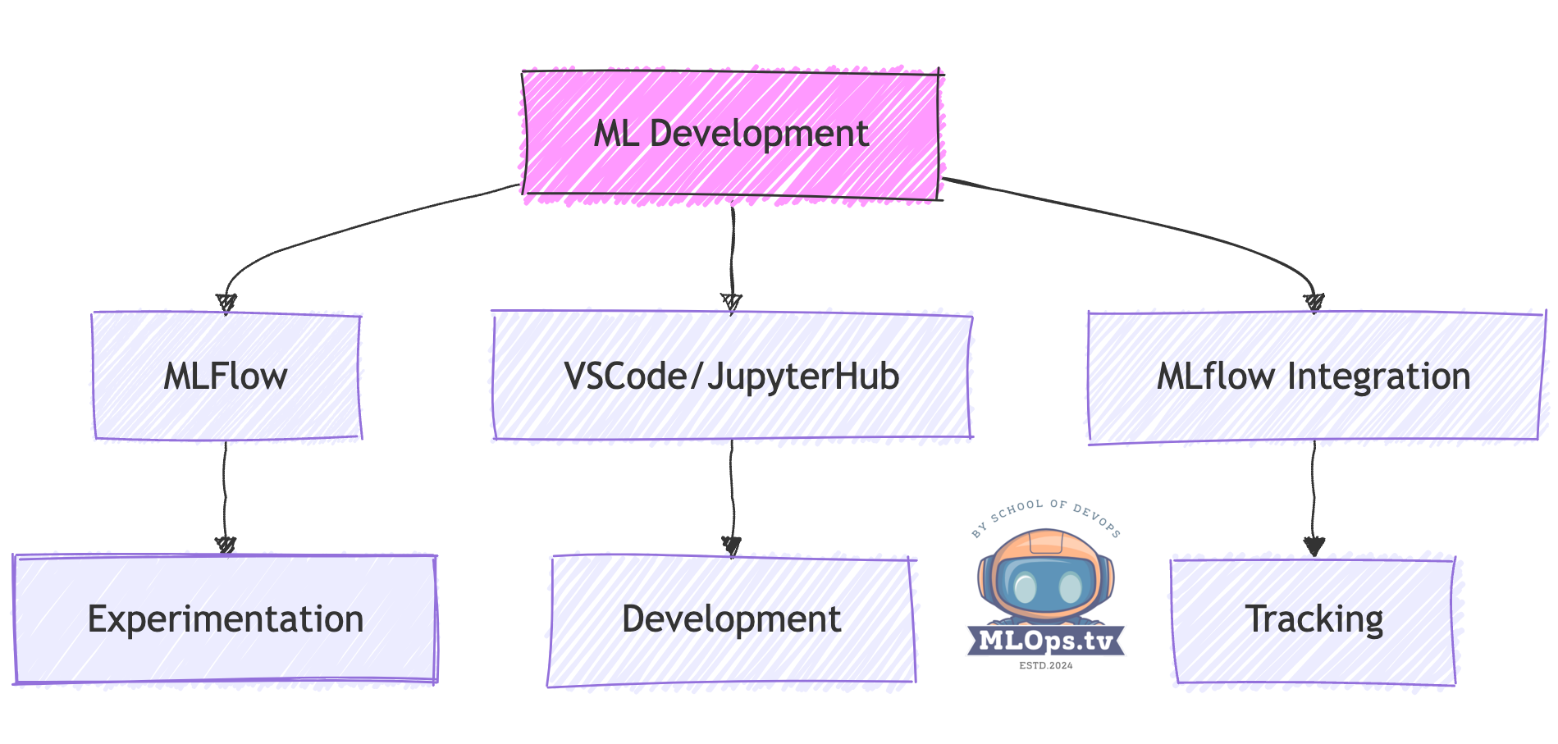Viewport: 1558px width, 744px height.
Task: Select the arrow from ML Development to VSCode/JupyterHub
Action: [x=732, y=254]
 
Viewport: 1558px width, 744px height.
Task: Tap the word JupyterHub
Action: [x=804, y=377]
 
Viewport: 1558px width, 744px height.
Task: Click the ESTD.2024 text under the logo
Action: [x=1046, y=665]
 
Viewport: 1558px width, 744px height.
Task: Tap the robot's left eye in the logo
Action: [x=1025, y=587]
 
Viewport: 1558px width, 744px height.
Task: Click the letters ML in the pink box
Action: [x=616, y=134]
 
